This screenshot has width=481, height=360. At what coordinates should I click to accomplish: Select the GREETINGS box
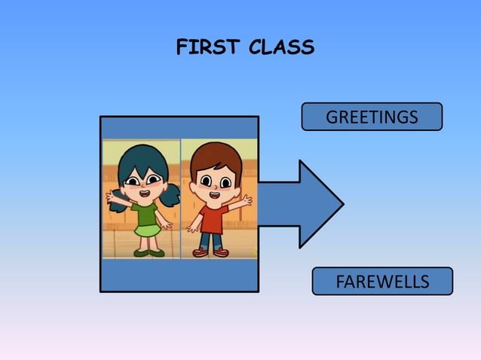coord(372,117)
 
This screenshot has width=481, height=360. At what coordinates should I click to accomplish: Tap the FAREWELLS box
coord(382,282)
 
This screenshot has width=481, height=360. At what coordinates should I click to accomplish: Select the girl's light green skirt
coord(147,230)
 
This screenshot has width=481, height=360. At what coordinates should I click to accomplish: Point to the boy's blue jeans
coord(211,240)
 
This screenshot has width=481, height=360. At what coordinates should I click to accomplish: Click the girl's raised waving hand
coord(113,197)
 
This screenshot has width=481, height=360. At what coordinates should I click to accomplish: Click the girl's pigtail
coord(172,194)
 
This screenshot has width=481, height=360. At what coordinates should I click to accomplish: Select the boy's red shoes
coord(210,253)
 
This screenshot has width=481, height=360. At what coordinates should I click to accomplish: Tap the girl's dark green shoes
coord(148,252)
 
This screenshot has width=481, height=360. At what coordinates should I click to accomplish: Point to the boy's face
coord(214,182)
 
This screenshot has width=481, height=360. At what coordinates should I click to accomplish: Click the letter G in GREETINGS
coord(331,117)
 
